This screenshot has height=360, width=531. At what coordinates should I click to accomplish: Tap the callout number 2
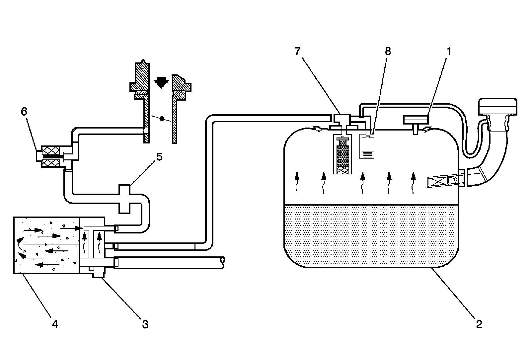(x=479, y=324)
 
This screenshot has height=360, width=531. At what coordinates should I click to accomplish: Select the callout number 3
(x=145, y=324)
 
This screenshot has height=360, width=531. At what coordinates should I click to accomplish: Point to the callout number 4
(x=55, y=324)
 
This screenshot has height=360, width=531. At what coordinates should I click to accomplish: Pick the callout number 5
(x=159, y=157)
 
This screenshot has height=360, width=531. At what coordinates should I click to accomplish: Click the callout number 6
(x=24, y=112)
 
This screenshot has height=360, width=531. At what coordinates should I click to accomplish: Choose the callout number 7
(x=297, y=51)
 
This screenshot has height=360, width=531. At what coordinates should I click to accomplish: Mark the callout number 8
(x=388, y=51)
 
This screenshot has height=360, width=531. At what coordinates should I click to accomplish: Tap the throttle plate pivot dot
(x=162, y=118)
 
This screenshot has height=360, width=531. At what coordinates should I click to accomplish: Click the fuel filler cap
(x=497, y=106)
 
